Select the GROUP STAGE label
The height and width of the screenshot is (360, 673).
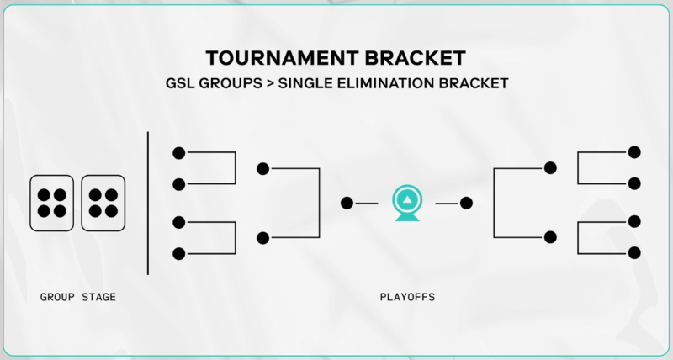pyautogui.click(x=77, y=297)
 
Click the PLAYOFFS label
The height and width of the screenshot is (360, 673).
pyautogui.click(x=407, y=297)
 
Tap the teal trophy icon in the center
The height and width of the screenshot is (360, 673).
pyautogui.click(x=407, y=204)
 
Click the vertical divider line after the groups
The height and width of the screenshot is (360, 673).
pyautogui.click(x=148, y=203)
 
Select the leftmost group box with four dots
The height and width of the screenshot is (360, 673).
pyautogui.click(x=51, y=203)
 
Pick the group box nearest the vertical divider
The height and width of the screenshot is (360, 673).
pyautogui.click(x=103, y=203)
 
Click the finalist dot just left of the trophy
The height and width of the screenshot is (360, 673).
pyautogui.click(x=347, y=203)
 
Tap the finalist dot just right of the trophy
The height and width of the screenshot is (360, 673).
pyautogui.click(x=466, y=203)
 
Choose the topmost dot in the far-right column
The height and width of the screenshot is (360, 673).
pyautogui.click(x=634, y=152)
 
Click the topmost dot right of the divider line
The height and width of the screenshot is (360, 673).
pyautogui.click(x=178, y=153)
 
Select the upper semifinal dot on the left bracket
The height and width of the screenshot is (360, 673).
pyautogui.click(x=262, y=168)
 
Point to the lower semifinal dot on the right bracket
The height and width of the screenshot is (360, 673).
pyautogui.click(x=550, y=237)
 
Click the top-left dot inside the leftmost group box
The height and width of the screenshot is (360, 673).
pyautogui.click(x=44, y=195)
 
